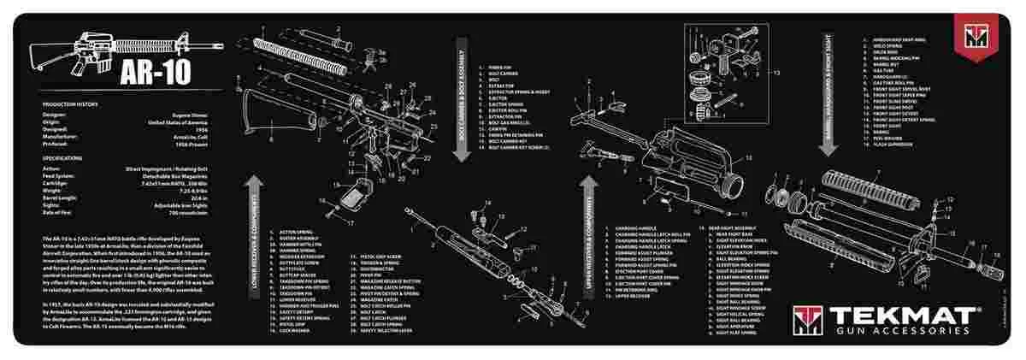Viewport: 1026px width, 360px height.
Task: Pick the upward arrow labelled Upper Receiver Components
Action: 588,239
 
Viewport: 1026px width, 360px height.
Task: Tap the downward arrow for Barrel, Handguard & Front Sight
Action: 827,95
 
